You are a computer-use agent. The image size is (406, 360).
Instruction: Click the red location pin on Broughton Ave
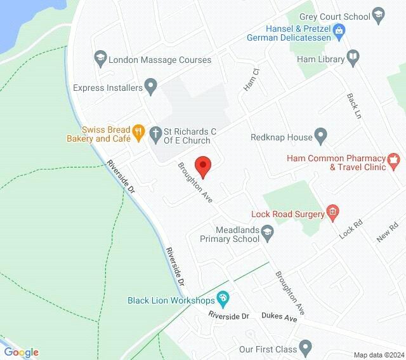pyautogui.click(x=202, y=166)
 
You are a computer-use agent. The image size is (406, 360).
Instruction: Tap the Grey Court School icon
pyautogui.click(x=379, y=14)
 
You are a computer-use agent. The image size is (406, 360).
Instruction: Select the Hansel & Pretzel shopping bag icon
pyautogui.click(x=339, y=29)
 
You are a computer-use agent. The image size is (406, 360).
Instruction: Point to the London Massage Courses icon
pyautogui.click(x=100, y=60)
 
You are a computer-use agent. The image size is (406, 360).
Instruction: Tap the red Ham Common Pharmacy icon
pyautogui.click(x=394, y=159)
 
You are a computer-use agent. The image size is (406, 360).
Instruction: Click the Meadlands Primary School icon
pyautogui.click(x=268, y=232)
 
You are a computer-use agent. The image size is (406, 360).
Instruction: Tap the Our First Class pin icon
pyautogui.click(x=306, y=347)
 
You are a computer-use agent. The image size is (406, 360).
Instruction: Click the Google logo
pyautogui.click(x=22, y=352)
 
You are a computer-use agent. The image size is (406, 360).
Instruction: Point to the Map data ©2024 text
pyautogui.click(x=379, y=354)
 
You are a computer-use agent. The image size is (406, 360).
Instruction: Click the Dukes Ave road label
pyautogui.click(x=279, y=317)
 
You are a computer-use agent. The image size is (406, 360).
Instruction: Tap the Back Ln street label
pyautogui.click(x=353, y=106)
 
